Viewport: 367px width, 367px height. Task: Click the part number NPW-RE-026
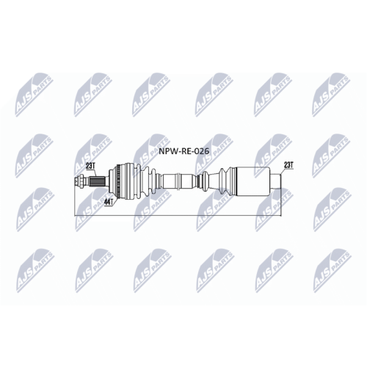[184, 151]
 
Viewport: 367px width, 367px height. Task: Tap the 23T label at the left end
[90, 166]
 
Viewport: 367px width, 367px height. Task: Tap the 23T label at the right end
[288, 165]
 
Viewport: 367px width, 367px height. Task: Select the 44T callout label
[109, 202]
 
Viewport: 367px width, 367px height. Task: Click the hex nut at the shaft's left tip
[79, 182]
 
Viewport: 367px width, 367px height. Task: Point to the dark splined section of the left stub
[97, 182]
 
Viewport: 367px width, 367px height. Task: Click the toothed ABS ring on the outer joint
[119, 181]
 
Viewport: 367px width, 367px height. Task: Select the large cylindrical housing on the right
[254, 181]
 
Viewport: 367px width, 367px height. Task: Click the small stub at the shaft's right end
[275, 181]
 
